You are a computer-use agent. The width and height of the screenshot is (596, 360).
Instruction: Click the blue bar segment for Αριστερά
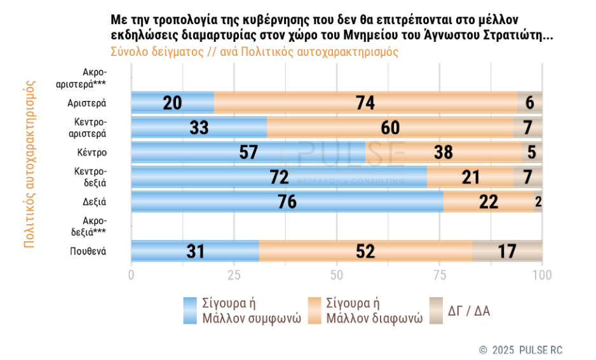coord(172,103)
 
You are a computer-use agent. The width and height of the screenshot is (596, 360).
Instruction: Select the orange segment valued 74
coord(365,103)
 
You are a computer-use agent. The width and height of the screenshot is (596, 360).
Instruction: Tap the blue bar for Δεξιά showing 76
coord(287,202)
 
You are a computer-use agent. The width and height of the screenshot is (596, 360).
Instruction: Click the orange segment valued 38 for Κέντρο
coord(443,152)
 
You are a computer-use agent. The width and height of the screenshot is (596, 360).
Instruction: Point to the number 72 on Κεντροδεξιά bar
coord(279,177)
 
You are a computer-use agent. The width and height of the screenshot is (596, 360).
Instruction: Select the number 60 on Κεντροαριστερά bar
coord(390,128)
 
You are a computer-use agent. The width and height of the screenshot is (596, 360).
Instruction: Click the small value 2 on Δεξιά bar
coord(538,202)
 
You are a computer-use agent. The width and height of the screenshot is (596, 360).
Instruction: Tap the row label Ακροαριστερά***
coord(88,78)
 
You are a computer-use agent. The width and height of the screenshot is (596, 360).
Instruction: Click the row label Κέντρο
coord(91,152)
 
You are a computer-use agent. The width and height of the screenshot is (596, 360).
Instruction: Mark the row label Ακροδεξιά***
coord(88,227)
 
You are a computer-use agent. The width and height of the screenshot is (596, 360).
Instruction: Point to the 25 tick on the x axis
coord(234,275)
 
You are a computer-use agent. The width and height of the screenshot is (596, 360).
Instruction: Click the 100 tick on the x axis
coord(541,275)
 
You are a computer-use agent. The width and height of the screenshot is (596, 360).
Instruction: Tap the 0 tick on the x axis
coord(132,275)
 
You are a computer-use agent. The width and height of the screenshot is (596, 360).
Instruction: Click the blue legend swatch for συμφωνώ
coord(189,310)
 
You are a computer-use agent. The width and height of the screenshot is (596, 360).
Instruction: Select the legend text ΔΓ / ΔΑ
coord(468,311)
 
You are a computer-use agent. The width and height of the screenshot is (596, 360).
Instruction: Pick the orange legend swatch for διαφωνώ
coord(313,310)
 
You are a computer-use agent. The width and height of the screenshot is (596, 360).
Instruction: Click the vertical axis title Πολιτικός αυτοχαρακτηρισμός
coord(29,164)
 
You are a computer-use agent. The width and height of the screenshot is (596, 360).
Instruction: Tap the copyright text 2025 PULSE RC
coord(520,350)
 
